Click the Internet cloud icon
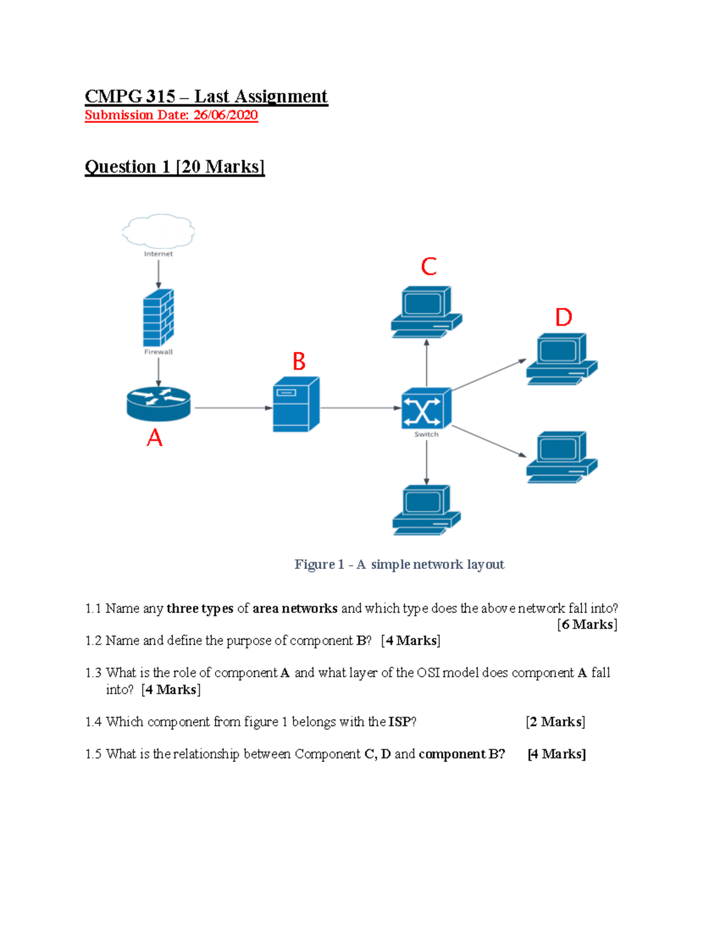pyautogui.click(x=158, y=231)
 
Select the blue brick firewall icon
pyautogui.click(x=158, y=318)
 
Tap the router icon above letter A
pyautogui.click(x=158, y=404)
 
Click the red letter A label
pyautogui.click(x=154, y=438)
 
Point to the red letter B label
pyautogui.click(x=299, y=361)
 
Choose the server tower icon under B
pyautogui.click(x=296, y=404)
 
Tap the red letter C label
pyautogui.click(x=429, y=266)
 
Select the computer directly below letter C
pyautogui.click(x=426, y=312)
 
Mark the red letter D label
pyautogui.click(x=563, y=317)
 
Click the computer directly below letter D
pyautogui.click(x=562, y=358)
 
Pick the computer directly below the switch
pyautogui.click(x=427, y=510)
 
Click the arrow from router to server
pyautogui.click(x=234, y=408)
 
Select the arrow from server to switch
pyautogui.click(x=361, y=408)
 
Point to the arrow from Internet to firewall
pyautogui.click(x=158, y=274)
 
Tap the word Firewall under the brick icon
pyautogui.click(x=158, y=352)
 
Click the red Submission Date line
pyautogui.click(x=171, y=115)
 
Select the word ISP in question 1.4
pyautogui.click(x=400, y=722)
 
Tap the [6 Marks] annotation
pyautogui.click(x=587, y=624)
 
